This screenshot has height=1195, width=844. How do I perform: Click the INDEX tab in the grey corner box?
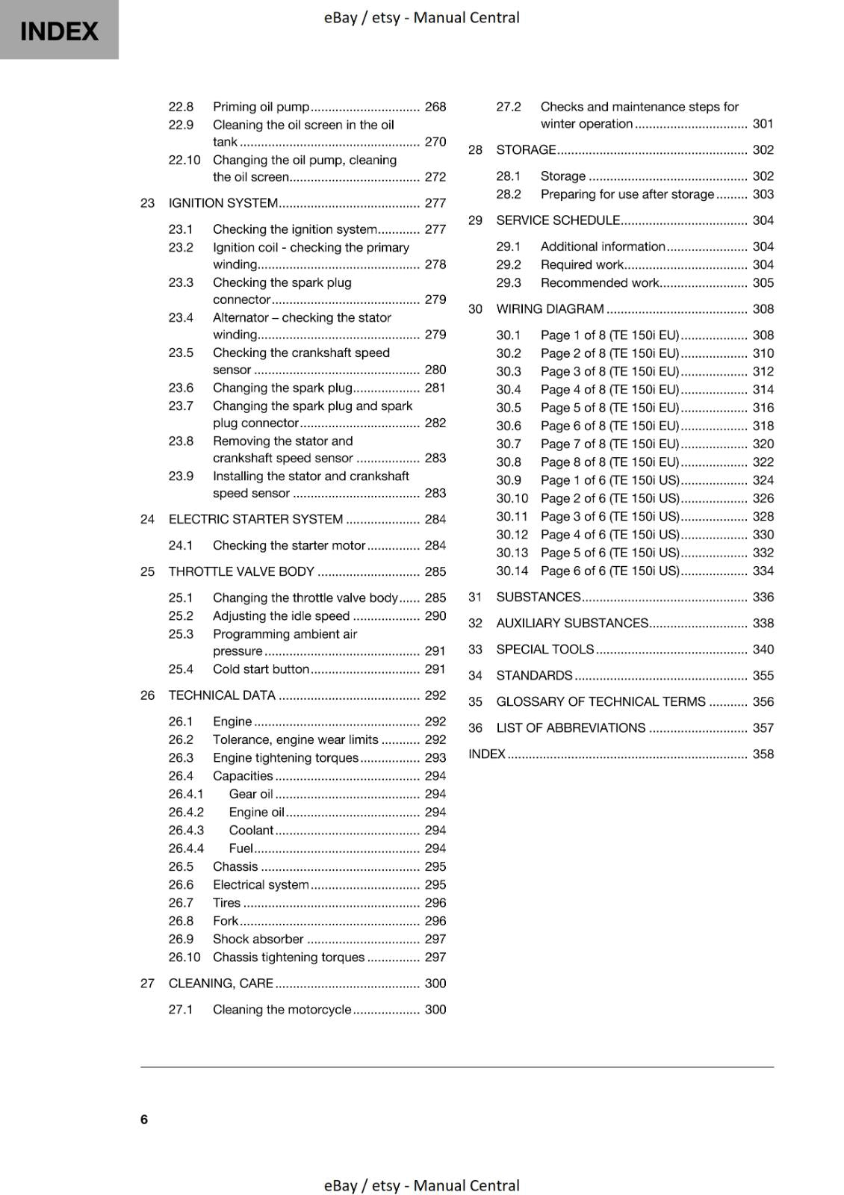pos(59,31)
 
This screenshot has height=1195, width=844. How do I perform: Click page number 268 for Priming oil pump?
pos(435,107)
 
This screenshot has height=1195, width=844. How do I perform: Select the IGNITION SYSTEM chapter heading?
pos(223,203)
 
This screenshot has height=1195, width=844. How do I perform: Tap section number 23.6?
pos(181,388)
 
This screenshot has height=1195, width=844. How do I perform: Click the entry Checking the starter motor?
pos(288,545)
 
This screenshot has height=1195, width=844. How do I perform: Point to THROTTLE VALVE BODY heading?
pos(241,571)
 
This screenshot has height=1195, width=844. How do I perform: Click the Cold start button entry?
pos(261,669)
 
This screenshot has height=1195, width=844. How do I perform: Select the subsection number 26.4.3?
pos(186,830)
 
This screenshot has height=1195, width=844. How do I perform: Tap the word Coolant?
pos(251,830)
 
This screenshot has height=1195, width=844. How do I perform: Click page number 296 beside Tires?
pos(435,902)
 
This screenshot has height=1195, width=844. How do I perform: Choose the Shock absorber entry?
pos(258,939)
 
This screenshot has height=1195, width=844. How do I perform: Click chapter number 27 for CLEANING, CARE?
pos(147,983)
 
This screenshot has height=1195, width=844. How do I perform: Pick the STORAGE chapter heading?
pos(526,149)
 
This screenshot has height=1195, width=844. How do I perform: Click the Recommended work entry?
pos(599,282)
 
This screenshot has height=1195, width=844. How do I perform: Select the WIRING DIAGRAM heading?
pos(550,308)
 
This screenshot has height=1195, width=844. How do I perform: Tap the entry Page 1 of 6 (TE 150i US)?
pos(609,480)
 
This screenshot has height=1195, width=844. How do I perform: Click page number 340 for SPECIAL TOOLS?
pos(763,649)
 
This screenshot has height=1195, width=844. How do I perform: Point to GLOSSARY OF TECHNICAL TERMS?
pos(601,701)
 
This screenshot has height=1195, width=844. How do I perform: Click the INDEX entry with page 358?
pos(487,754)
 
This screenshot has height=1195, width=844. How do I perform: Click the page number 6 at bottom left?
pos(144,1119)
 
